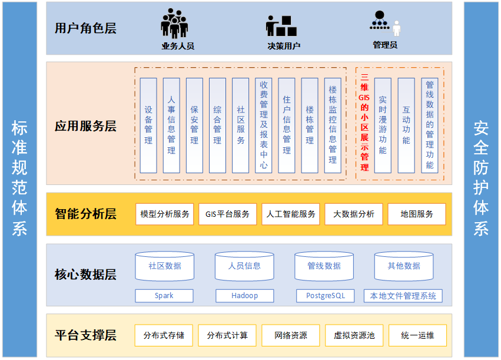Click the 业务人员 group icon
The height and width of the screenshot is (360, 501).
[175, 24]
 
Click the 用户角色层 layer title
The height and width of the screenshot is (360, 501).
[85, 28]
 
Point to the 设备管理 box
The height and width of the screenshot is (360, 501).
[148, 125]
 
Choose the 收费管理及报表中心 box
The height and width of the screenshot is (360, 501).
[264, 125]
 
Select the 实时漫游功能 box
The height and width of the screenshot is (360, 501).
[383, 125]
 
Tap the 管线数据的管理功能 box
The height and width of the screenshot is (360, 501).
[430, 125]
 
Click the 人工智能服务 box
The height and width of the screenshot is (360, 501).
[291, 214]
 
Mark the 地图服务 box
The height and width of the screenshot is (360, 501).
[417, 214]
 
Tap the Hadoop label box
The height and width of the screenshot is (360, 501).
[244, 296]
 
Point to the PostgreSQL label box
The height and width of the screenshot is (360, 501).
[326, 296]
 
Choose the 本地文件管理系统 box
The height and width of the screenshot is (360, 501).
[403, 296]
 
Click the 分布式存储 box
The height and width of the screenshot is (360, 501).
[164, 335]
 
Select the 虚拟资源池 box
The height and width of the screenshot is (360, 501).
[354, 335]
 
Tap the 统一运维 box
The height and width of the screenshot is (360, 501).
[417, 335]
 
